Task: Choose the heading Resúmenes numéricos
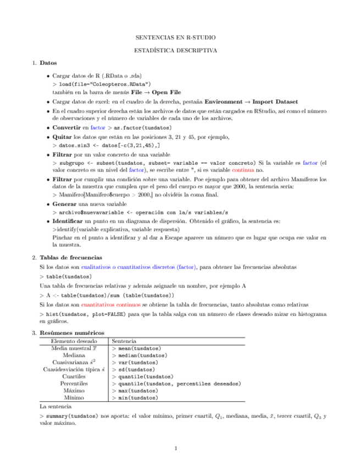point(72,333)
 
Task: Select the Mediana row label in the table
point(73,355)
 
